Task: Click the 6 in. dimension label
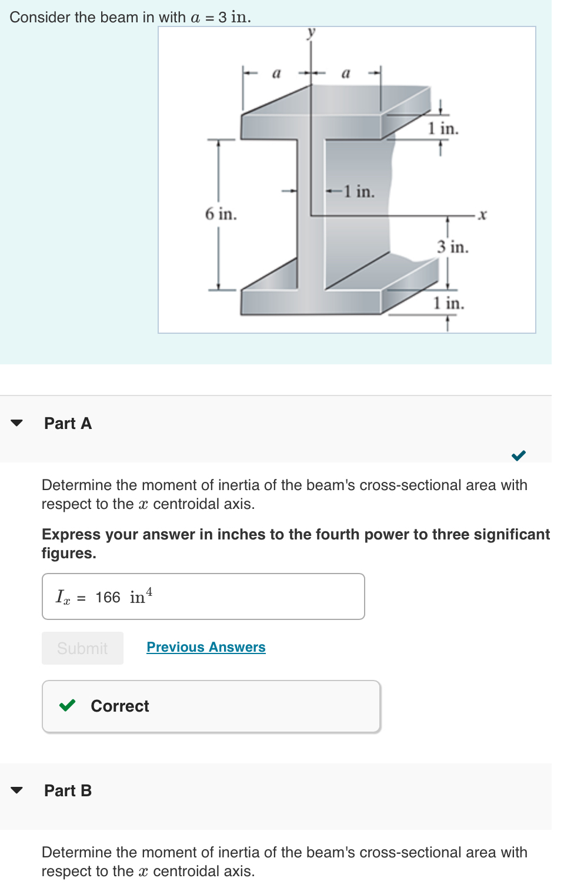pos(221,214)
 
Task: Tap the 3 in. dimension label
pos(452,247)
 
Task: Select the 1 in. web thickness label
pos(359,192)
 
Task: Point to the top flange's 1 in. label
pos(443,129)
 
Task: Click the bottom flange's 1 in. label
pos(448,303)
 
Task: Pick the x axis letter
pos(482,215)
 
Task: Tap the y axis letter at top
pos(311,32)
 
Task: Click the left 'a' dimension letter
pos(276,73)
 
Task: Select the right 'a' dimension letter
pos(346,73)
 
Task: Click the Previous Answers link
pos(206,647)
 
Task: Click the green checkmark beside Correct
pos(68,705)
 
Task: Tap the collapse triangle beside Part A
pos(17,423)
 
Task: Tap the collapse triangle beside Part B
pos(17,790)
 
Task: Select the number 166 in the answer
pos(108,598)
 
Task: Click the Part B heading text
pos(68,790)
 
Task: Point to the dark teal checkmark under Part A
pos(518,455)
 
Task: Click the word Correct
pos(120,706)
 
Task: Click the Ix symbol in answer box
pos(63,597)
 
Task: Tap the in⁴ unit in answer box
pos(141,596)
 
